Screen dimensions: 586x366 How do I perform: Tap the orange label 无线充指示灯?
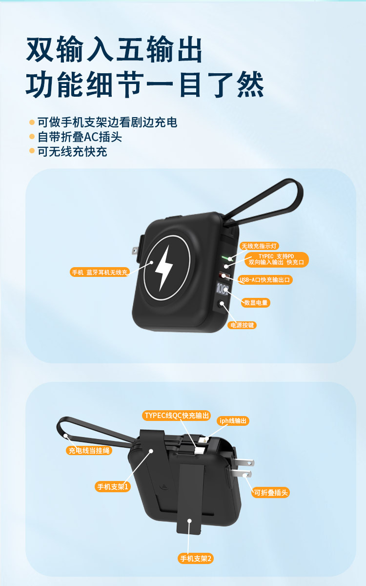(x=260, y=246)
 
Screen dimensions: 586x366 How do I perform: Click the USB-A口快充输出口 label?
(x=266, y=280)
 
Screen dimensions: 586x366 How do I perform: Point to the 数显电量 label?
(x=256, y=303)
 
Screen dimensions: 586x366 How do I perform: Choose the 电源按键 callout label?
(x=242, y=325)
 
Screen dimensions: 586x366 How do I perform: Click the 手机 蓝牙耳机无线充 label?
(x=99, y=272)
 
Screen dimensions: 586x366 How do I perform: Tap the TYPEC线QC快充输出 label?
(x=177, y=416)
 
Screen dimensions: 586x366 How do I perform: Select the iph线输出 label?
(x=233, y=420)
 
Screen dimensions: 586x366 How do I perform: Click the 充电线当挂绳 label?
(x=89, y=450)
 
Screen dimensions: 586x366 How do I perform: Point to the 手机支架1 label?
(x=113, y=486)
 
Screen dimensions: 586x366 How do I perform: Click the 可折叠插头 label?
(x=271, y=493)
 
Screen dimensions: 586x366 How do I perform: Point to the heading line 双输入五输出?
(x=114, y=50)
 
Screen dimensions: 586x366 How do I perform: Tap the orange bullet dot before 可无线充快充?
(x=32, y=151)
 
